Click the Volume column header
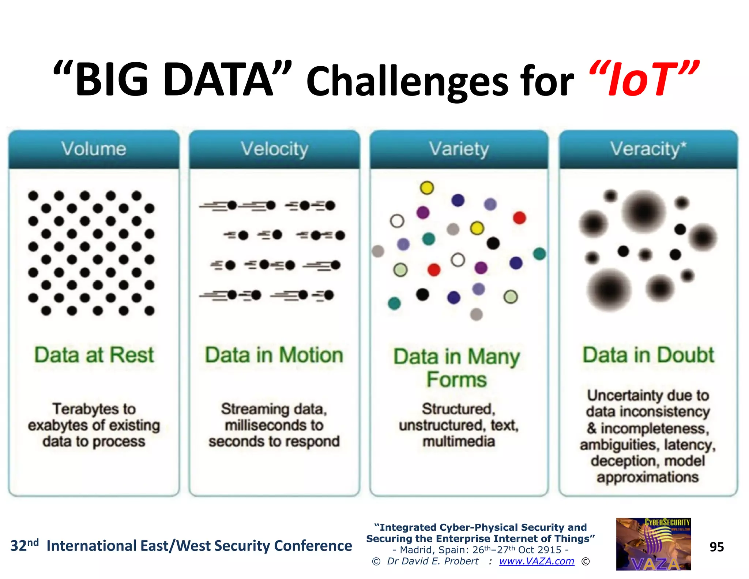pyautogui.click(x=94, y=149)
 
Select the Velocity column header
pyautogui.click(x=274, y=149)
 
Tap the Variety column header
pyautogui.click(x=459, y=149)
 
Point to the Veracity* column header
pyautogui.click(x=648, y=149)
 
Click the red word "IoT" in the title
pyautogui.click(x=644, y=80)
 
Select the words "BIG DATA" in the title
pyautogui.click(x=174, y=80)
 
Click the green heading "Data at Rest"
pyautogui.click(x=94, y=355)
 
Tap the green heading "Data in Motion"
pyautogui.click(x=274, y=355)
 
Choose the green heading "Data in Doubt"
pyautogui.click(x=648, y=355)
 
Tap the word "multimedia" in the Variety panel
pyautogui.click(x=459, y=441)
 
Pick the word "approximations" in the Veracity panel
pyautogui.click(x=648, y=477)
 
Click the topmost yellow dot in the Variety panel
pyautogui.click(x=427, y=188)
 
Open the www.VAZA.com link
pyautogui.click(x=537, y=561)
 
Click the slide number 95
pyautogui.click(x=716, y=547)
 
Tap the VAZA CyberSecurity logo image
pyautogui.click(x=653, y=544)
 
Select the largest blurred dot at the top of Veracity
pyautogui.click(x=644, y=212)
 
